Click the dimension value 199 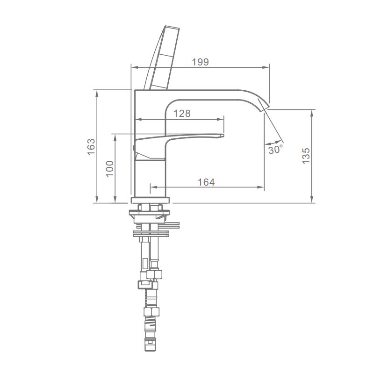201,62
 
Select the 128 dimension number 182,114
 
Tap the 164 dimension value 206,182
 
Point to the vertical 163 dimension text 91,147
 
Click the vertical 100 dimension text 110,168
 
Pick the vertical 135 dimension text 306,156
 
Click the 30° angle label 276,150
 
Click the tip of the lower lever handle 223,136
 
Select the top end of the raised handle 172,27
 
